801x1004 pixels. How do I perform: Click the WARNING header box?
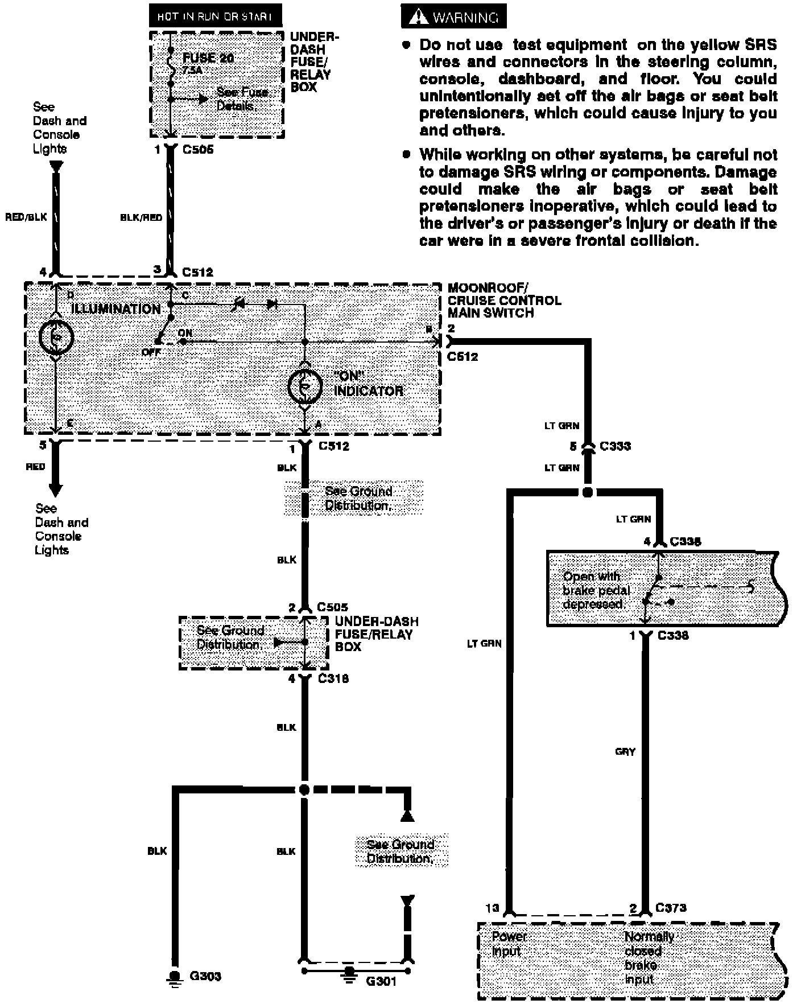pyautogui.click(x=453, y=17)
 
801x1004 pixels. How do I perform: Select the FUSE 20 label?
pyautogui.click(x=208, y=58)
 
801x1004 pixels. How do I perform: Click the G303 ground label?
pyautogui.click(x=205, y=976)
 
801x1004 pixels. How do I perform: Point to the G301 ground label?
pyautogui.click(x=381, y=981)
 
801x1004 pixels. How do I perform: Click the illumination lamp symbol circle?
pyautogui.click(x=56, y=337)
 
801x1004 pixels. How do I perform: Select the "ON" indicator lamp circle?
pyautogui.click(x=305, y=387)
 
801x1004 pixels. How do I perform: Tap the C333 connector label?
pyautogui.click(x=615, y=446)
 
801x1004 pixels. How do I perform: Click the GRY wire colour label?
pyautogui.click(x=625, y=751)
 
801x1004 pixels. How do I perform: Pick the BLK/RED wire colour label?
pyautogui.click(x=141, y=217)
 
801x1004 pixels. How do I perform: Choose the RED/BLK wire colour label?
pyautogui.click(x=26, y=217)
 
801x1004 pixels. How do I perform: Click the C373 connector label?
pyautogui.click(x=671, y=908)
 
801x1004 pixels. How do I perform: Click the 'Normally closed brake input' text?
pyautogui.click(x=649, y=957)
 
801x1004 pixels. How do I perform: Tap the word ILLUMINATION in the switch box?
pyautogui.click(x=116, y=309)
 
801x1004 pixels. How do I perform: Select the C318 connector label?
pyautogui.click(x=333, y=678)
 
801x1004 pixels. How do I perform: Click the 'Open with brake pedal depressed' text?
pyautogui.click(x=596, y=590)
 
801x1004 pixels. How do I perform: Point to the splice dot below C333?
pyautogui.click(x=588, y=492)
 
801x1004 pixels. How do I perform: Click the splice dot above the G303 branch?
pyautogui.click(x=304, y=789)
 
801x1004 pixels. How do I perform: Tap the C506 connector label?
pyautogui.click(x=197, y=150)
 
